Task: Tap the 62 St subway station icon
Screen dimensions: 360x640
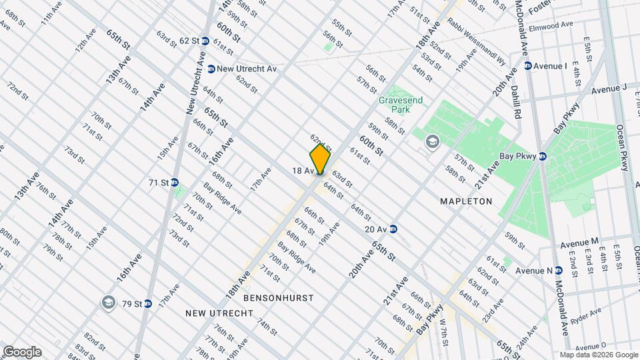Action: point(205,41)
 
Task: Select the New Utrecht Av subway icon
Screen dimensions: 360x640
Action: point(211,69)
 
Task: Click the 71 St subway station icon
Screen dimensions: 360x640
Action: point(175,182)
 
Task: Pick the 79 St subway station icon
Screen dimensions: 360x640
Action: point(148,304)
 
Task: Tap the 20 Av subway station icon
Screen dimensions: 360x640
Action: point(394,229)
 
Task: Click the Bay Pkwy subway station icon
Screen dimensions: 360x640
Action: point(543,157)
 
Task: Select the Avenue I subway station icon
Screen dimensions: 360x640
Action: point(528,65)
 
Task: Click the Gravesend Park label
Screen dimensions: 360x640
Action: point(398,104)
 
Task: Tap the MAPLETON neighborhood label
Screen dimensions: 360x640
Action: point(466,201)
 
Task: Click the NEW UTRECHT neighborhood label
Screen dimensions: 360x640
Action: point(219,313)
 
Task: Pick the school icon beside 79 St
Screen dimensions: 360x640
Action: point(107,303)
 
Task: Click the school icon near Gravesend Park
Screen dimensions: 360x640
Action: point(432,141)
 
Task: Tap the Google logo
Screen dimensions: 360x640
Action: point(22,352)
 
